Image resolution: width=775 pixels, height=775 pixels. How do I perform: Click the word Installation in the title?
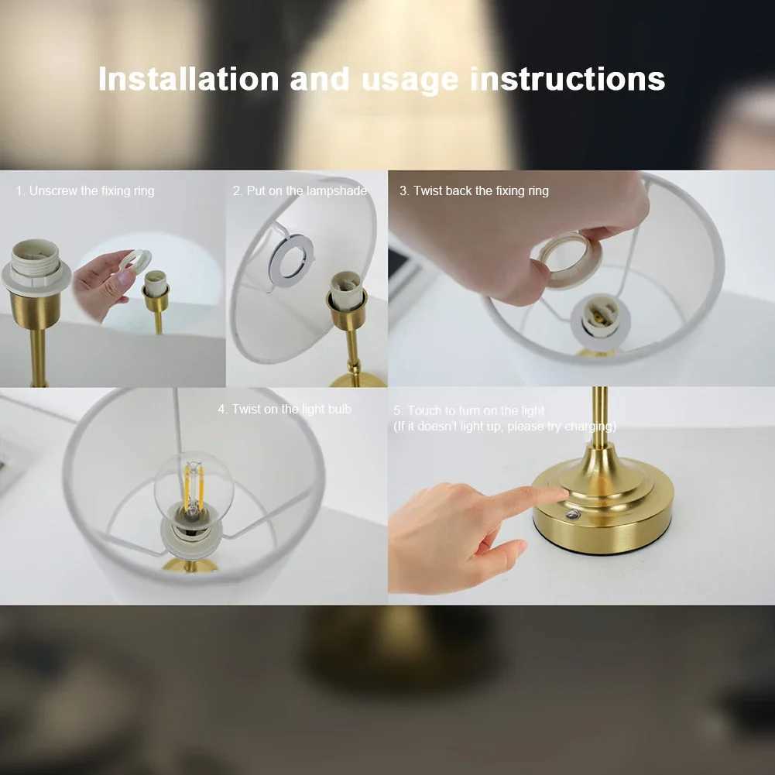click(188, 80)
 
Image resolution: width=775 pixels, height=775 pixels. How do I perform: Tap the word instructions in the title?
click(568, 80)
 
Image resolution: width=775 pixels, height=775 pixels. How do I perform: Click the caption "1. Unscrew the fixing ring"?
click(85, 190)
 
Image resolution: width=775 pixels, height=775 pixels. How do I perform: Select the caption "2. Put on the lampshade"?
click(300, 190)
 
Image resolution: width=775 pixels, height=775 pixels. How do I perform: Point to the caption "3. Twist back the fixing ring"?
click(474, 190)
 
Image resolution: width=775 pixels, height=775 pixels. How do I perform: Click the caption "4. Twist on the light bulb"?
click(284, 409)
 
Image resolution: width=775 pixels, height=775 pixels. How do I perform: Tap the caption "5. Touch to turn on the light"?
click(468, 410)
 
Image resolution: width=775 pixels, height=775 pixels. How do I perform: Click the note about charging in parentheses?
click(505, 427)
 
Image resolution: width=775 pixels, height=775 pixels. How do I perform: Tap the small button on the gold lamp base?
click(573, 515)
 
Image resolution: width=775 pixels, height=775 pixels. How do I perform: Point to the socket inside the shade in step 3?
click(599, 317)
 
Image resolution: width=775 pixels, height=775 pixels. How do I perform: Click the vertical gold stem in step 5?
click(599, 418)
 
